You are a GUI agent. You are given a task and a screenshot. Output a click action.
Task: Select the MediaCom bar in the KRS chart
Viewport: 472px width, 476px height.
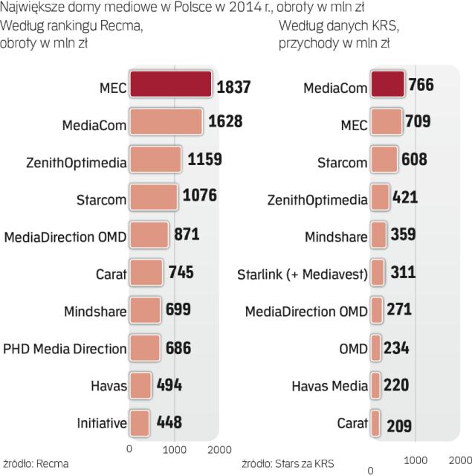(x=387, y=86)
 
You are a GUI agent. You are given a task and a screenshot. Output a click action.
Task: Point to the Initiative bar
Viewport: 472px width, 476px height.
(x=140, y=423)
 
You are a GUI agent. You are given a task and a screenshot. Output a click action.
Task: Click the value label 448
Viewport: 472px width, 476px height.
(x=169, y=423)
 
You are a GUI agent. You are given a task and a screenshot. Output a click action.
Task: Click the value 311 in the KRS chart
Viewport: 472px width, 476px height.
(x=403, y=273)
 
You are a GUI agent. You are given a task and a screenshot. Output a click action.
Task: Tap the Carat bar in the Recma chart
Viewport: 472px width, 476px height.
(x=146, y=273)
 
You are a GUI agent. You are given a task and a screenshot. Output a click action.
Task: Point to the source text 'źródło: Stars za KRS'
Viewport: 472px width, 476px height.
(x=288, y=463)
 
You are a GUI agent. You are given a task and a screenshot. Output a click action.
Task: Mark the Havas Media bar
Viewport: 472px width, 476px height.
(x=375, y=385)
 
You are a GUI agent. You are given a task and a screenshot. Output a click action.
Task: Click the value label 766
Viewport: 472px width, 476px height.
(x=421, y=86)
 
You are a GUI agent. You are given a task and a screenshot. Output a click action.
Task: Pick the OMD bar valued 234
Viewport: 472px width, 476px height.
(x=375, y=348)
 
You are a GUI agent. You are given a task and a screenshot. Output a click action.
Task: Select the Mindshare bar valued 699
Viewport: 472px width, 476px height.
(x=145, y=310)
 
